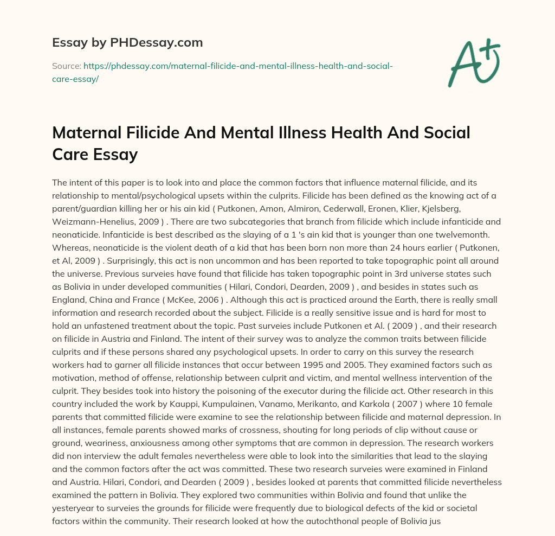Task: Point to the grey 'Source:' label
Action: [x=66, y=66]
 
